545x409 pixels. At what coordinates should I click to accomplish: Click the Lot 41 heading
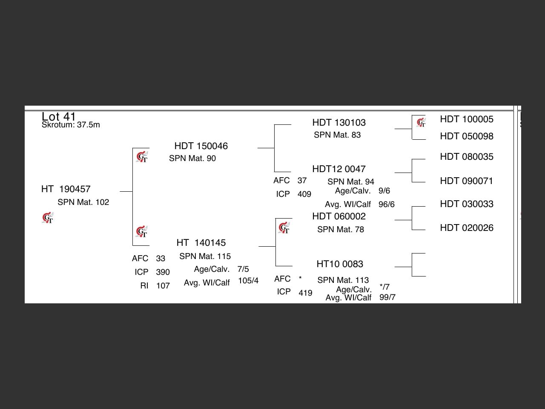tap(59, 116)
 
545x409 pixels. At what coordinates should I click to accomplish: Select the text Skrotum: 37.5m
tap(71, 125)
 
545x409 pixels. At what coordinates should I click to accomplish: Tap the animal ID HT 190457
tap(66, 189)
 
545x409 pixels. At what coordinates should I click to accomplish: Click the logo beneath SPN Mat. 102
tap(48, 218)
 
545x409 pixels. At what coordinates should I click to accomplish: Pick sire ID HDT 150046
tap(201, 146)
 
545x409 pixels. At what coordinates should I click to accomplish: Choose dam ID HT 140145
tap(201, 243)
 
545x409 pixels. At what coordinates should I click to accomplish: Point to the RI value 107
tap(163, 286)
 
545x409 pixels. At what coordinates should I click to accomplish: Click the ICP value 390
tap(163, 272)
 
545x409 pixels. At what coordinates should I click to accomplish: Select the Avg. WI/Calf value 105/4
tap(248, 281)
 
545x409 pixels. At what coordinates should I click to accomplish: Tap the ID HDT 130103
tap(339, 123)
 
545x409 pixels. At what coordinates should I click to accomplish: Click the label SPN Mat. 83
tap(337, 135)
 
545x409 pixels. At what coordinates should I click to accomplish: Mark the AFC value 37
tap(302, 181)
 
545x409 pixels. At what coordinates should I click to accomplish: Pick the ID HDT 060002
tap(339, 216)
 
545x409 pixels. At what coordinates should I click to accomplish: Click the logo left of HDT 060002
tap(284, 228)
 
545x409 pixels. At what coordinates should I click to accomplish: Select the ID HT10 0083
tap(340, 264)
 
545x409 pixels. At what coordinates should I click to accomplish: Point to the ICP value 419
tap(305, 293)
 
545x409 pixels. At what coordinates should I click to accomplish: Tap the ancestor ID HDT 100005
tap(467, 119)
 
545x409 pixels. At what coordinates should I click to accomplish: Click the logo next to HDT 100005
tap(421, 123)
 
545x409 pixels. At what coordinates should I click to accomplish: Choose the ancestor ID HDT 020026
tap(467, 228)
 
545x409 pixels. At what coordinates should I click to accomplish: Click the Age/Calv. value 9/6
tap(384, 191)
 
